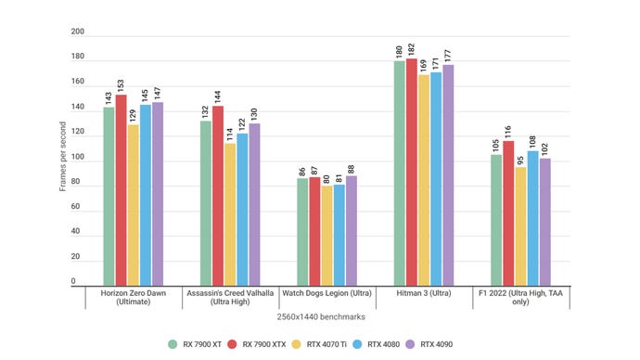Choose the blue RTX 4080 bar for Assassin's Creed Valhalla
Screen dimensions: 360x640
(242, 208)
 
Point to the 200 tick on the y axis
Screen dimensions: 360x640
(78, 31)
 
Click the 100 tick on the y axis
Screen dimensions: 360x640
(78, 157)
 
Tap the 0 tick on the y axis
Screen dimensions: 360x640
(74, 280)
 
